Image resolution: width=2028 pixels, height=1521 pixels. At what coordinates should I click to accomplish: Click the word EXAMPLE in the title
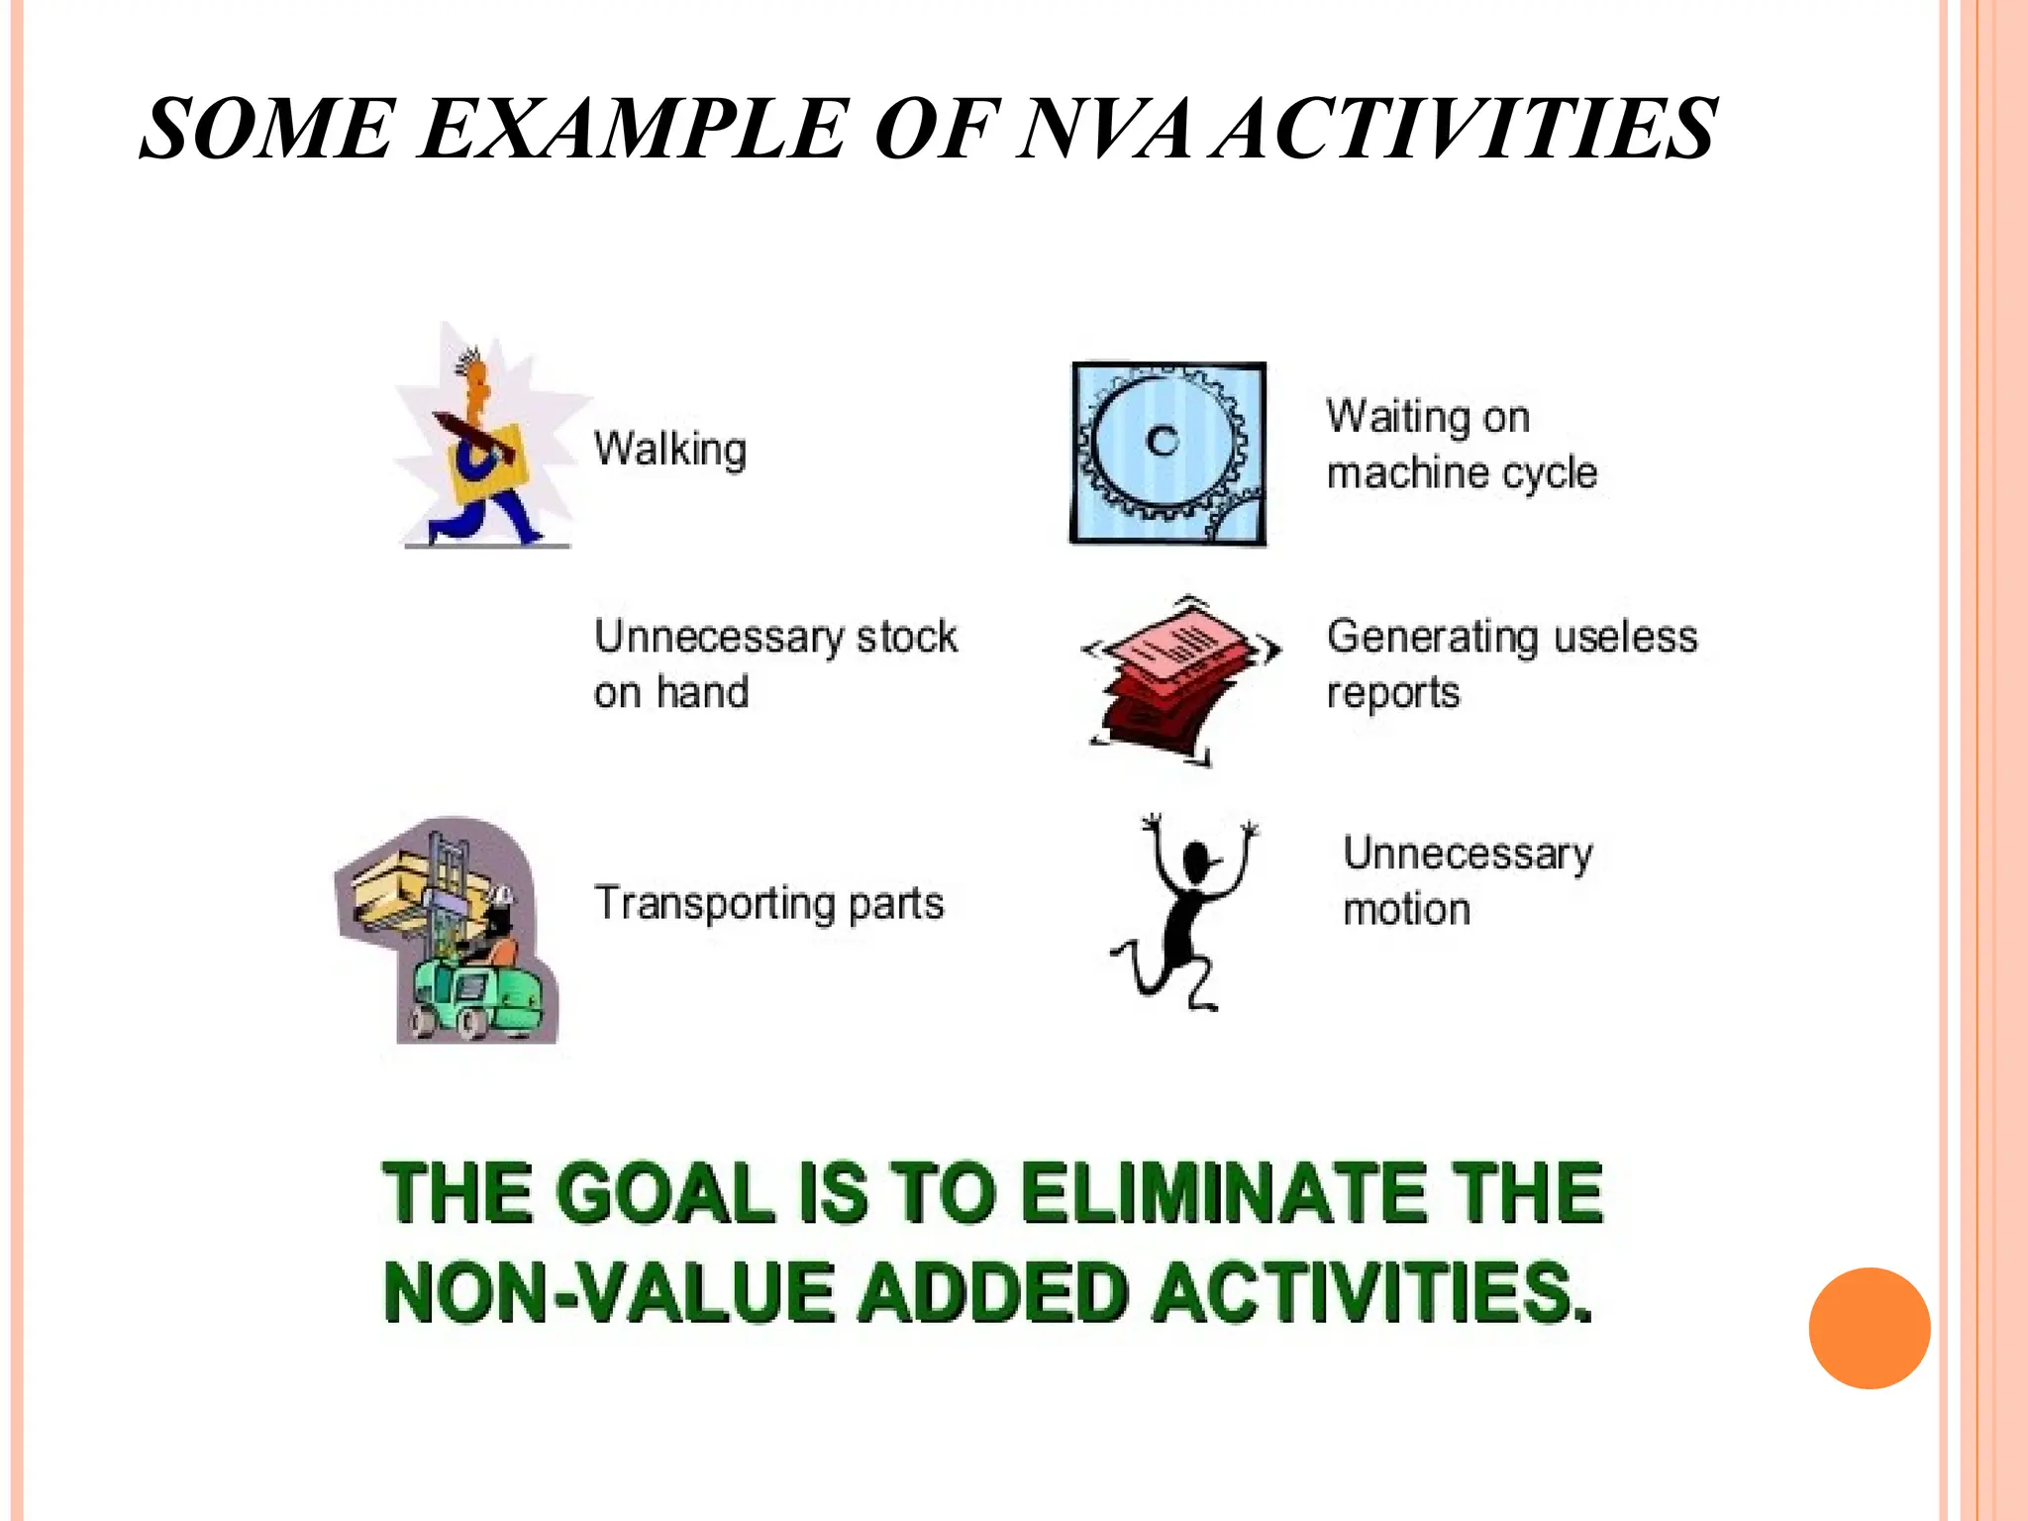(x=634, y=129)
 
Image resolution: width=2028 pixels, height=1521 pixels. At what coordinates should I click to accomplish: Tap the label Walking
(x=670, y=450)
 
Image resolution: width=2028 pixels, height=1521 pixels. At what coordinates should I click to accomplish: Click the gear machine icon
(x=1168, y=454)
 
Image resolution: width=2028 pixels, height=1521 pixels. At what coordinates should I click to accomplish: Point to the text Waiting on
(x=1428, y=417)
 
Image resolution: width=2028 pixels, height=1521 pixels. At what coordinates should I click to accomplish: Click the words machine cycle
(x=1462, y=473)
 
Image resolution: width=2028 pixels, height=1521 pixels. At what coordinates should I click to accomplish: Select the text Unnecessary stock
(x=775, y=637)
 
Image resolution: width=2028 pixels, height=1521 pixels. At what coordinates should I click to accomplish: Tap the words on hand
(x=671, y=692)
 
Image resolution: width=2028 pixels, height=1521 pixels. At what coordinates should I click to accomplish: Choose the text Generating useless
(x=1512, y=637)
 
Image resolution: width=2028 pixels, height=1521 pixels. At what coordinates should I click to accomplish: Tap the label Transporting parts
(x=768, y=903)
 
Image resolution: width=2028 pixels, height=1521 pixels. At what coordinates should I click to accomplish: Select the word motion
(x=1406, y=909)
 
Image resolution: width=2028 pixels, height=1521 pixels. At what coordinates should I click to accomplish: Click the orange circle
(x=1869, y=1328)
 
